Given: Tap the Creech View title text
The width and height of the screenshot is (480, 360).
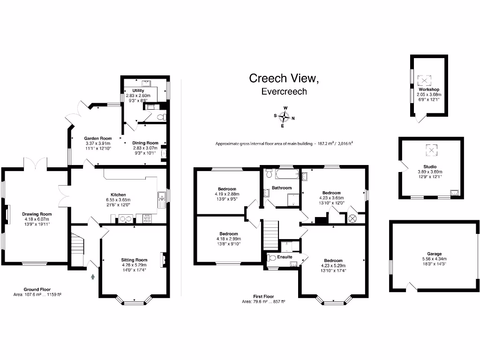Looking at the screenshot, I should point(284,78).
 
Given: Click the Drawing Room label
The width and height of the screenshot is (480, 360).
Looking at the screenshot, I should point(37,214).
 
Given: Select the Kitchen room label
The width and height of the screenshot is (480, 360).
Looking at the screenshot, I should point(118,195).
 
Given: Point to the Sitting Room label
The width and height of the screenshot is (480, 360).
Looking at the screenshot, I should point(134,260).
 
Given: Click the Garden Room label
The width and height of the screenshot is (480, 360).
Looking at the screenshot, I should point(98,138).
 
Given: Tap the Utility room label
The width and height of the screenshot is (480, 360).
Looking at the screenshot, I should point(138,90).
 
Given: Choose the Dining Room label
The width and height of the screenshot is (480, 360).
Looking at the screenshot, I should point(146,143).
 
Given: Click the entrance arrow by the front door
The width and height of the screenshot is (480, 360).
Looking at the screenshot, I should point(93,277).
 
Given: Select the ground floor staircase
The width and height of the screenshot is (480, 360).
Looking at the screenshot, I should point(77,246).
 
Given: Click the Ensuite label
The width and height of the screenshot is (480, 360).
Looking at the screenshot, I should point(284,257).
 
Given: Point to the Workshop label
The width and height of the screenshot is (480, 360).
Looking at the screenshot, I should point(429,89).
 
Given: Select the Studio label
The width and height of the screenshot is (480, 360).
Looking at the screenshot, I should point(430,166).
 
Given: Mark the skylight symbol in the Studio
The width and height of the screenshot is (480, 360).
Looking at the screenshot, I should point(430,150).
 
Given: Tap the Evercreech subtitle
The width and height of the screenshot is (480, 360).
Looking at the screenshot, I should point(284,92).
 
